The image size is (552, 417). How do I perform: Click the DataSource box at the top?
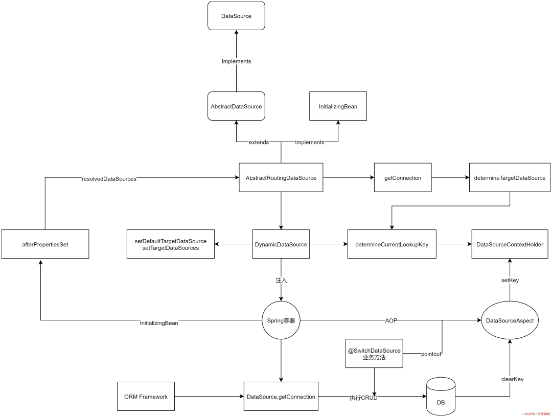tap(236, 16)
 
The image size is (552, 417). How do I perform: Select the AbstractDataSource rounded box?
tap(236, 106)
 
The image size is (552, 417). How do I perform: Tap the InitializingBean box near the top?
tap(338, 106)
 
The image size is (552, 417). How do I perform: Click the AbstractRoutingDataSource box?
tap(281, 178)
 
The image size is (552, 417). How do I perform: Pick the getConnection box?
tap(403, 178)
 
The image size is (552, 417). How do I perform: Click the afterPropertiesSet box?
tap(45, 244)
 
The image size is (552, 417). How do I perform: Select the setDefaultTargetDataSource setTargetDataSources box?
tap(171, 244)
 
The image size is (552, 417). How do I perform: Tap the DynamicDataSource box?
tap(281, 244)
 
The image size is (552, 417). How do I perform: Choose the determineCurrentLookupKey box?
tap(392, 244)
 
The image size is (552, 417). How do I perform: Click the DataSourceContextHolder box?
tap(510, 244)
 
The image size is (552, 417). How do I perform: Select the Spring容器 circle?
tap(281, 321)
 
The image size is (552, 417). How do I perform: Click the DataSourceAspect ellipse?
tap(510, 321)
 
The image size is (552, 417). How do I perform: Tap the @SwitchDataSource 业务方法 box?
tap(374, 354)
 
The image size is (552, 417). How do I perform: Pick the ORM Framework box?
tap(146, 396)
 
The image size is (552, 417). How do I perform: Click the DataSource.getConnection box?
tap(281, 396)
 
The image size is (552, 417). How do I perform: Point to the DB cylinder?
tap(441, 396)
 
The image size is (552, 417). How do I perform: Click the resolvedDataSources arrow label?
tap(109, 179)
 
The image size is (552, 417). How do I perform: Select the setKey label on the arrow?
tap(510, 280)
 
